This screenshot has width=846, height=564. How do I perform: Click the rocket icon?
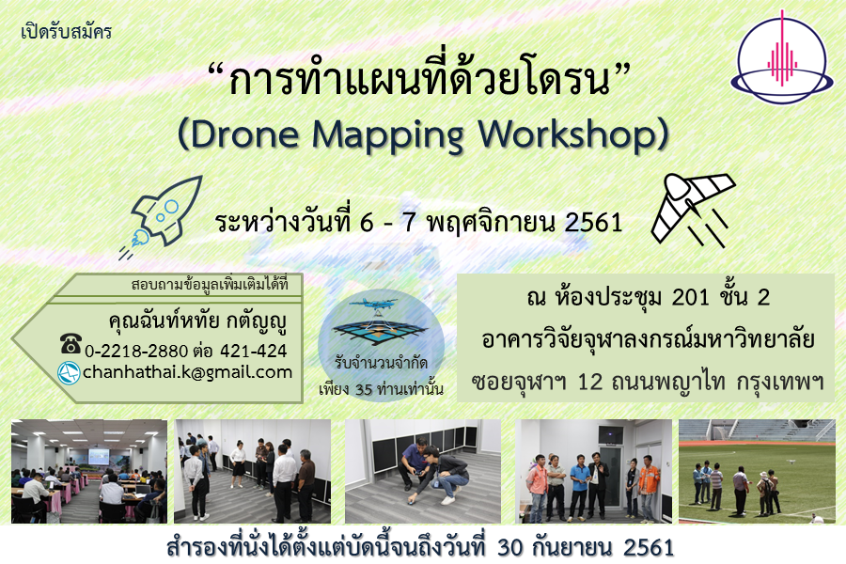(x=162, y=217)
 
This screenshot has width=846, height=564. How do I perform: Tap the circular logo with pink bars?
(x=782, y=57)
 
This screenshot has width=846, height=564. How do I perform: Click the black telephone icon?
(x=70, y=344)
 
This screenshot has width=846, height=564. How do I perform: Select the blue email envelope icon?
(x=69, y=373)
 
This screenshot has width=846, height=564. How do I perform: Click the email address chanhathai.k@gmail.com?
(x=187, y=372)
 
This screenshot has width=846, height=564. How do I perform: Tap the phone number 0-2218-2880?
(x=136, y=352)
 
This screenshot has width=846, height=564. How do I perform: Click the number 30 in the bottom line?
(x=510, y=547)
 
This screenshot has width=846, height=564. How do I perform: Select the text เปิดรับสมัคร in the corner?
(x=66, y=31)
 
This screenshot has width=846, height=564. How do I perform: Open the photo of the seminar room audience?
(x=89, y=471)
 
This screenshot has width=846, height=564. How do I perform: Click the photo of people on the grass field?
(x=757, y=471)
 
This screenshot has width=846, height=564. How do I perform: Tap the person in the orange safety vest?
(x=648, y=487)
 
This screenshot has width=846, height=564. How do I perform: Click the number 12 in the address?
(x=589, y=383)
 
